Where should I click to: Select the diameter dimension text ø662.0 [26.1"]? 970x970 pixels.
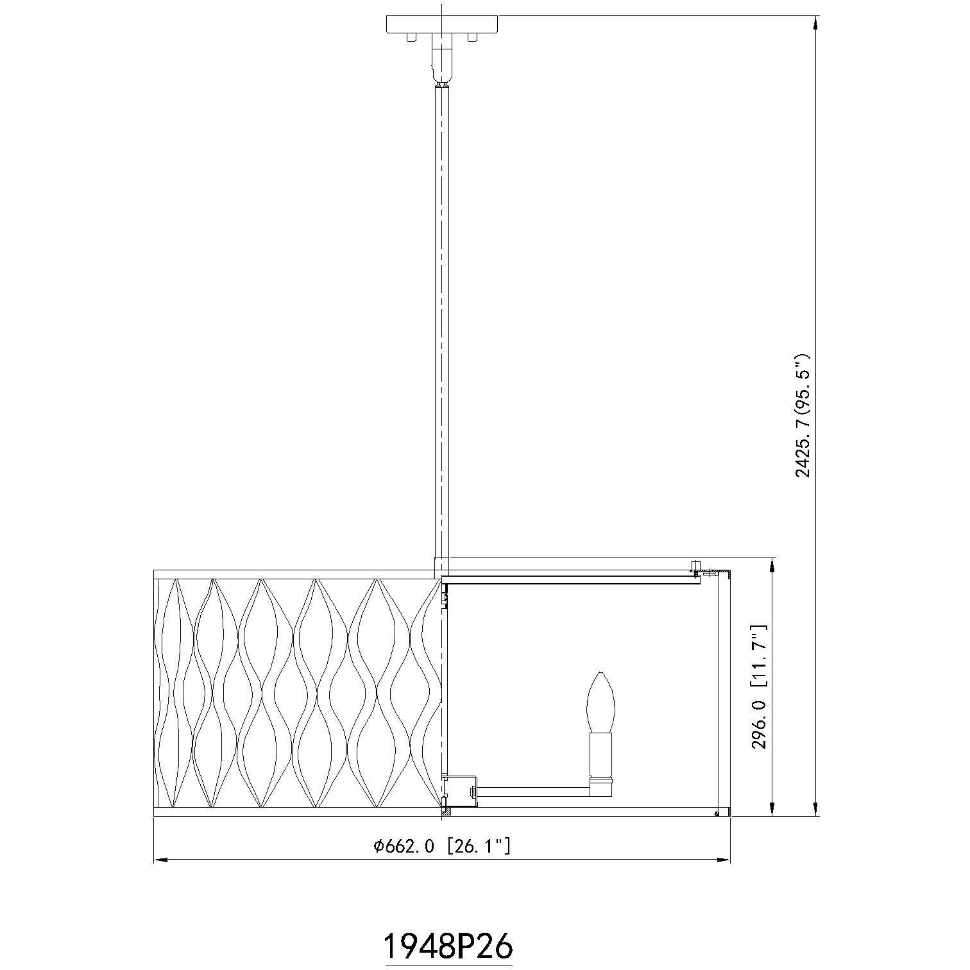(442, 846)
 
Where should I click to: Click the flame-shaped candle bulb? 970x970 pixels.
(601, 701)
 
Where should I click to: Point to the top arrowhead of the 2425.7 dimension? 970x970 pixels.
(815, 23)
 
